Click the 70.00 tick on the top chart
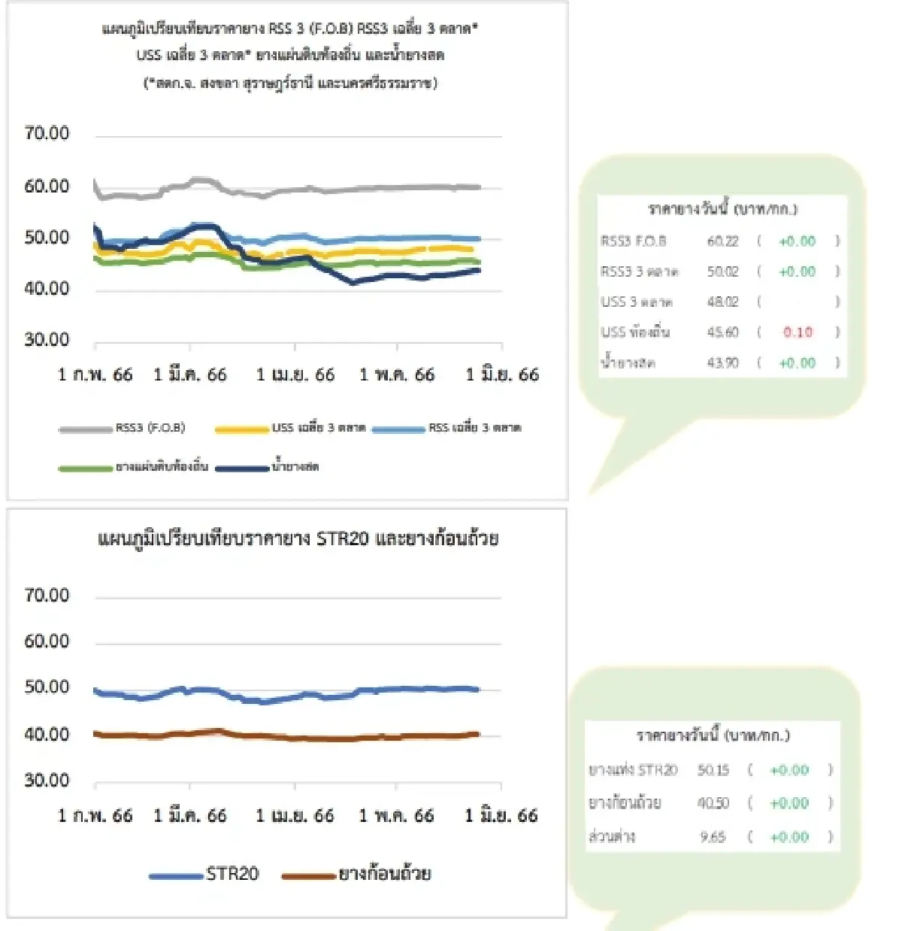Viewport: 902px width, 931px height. pyautogui.click(x=47, y=133)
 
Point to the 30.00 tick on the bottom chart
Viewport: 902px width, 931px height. pyautogui.click(x=47, y=780)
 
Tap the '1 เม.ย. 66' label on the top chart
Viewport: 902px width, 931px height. pyautogui.click(x=295, y=375)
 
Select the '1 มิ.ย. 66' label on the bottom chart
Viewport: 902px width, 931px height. pyautogui.click(x=501, y=815)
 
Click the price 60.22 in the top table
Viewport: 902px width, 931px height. pyautogui.click(x=722, y=241)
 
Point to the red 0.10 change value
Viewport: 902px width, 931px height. pyautogui.click(x=798, y=332)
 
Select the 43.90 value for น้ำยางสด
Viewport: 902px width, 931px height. pyautogui.click(x=722, y=363)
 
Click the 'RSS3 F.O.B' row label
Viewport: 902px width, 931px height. pyautogui.click(x=634, y=241)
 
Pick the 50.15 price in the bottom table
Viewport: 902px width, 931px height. pyautogui.click(x=713, y=770)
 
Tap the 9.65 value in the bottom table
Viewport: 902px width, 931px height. pyautogui.click(x=713, y=837)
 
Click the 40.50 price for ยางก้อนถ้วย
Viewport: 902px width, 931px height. pyautogui.click(x=713, y=803)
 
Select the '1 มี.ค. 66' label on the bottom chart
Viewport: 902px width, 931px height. pyautogui.click(x=189, y=815)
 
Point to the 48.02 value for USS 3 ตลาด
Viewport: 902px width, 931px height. pyautogui.click(x=722, y=302)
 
